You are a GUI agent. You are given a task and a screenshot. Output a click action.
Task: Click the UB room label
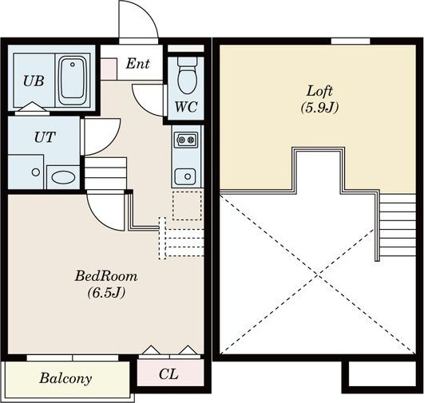pos(34,81)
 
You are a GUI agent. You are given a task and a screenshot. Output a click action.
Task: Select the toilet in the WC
pos(187,75)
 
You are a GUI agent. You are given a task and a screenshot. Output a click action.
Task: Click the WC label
pos(186,107)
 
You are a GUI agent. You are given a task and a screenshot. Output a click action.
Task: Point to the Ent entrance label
pos(137,64)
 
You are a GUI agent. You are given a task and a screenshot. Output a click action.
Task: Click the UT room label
pos(45,137)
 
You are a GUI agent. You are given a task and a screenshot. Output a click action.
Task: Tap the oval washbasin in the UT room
pos(63,177)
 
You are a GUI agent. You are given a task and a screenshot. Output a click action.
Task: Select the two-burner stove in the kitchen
pos(186,140)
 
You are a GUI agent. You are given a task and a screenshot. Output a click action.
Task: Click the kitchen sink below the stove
pos(185,176)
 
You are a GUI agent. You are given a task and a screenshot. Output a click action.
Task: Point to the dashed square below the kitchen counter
pos(187,205)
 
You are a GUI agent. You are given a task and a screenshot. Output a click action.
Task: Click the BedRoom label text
pos(106,276)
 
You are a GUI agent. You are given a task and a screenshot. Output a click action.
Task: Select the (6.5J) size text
pos(106,292)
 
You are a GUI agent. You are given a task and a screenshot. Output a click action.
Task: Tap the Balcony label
pos(65,379)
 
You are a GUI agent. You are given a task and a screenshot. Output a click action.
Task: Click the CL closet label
pos(168,374)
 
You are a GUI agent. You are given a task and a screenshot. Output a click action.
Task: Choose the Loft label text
pos(319,91)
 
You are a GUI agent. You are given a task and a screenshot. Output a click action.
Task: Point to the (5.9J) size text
pos(319,107)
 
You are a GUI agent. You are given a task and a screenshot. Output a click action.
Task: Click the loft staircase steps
pos(397,225)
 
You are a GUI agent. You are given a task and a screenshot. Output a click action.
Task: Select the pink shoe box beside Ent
pos(109,69)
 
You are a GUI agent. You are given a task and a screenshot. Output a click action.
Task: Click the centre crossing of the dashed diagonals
pos(318,275)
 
